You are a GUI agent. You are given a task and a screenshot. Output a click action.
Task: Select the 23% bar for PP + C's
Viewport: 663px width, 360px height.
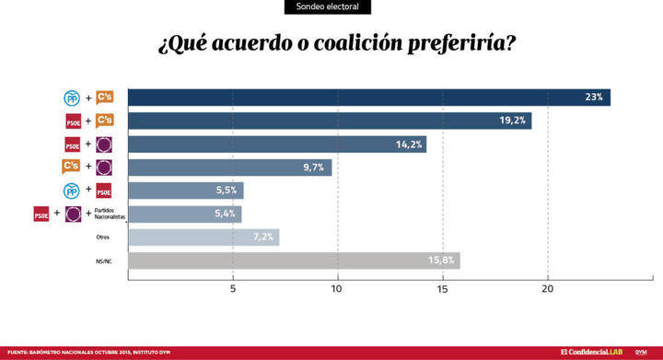click(x=368, y=98)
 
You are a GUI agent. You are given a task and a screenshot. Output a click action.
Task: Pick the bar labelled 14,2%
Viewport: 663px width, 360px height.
click(x=276, y=144)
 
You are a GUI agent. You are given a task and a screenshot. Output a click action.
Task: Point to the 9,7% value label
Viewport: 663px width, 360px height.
click(x=313, y=168)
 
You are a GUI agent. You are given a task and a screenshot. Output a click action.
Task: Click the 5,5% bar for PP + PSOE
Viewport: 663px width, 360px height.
click(x=184, y=191)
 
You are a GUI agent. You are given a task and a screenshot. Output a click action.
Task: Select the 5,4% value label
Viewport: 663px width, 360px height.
click(x=226, y=215)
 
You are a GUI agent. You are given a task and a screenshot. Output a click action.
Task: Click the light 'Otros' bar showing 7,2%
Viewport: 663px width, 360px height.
click(x=203, y=238)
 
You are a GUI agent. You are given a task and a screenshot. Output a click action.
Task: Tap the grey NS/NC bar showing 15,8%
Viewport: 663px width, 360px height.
click(x=293, y=261)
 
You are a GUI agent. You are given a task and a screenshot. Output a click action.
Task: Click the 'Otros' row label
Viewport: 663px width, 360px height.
click(x=103, y=238)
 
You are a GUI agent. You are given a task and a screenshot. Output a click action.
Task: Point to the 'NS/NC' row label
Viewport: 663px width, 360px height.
click(x=103, y=261)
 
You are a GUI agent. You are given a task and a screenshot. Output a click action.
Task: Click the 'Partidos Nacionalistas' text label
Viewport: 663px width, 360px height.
click(x=108, y=215)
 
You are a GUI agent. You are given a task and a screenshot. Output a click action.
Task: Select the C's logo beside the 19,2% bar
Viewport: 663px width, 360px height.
click(x=104, y=121)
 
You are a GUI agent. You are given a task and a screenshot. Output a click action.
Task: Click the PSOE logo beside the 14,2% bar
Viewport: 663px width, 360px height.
click(x=73, y=144)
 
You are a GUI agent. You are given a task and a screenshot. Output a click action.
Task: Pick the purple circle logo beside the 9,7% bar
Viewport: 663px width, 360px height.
click(x=104, y=168)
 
